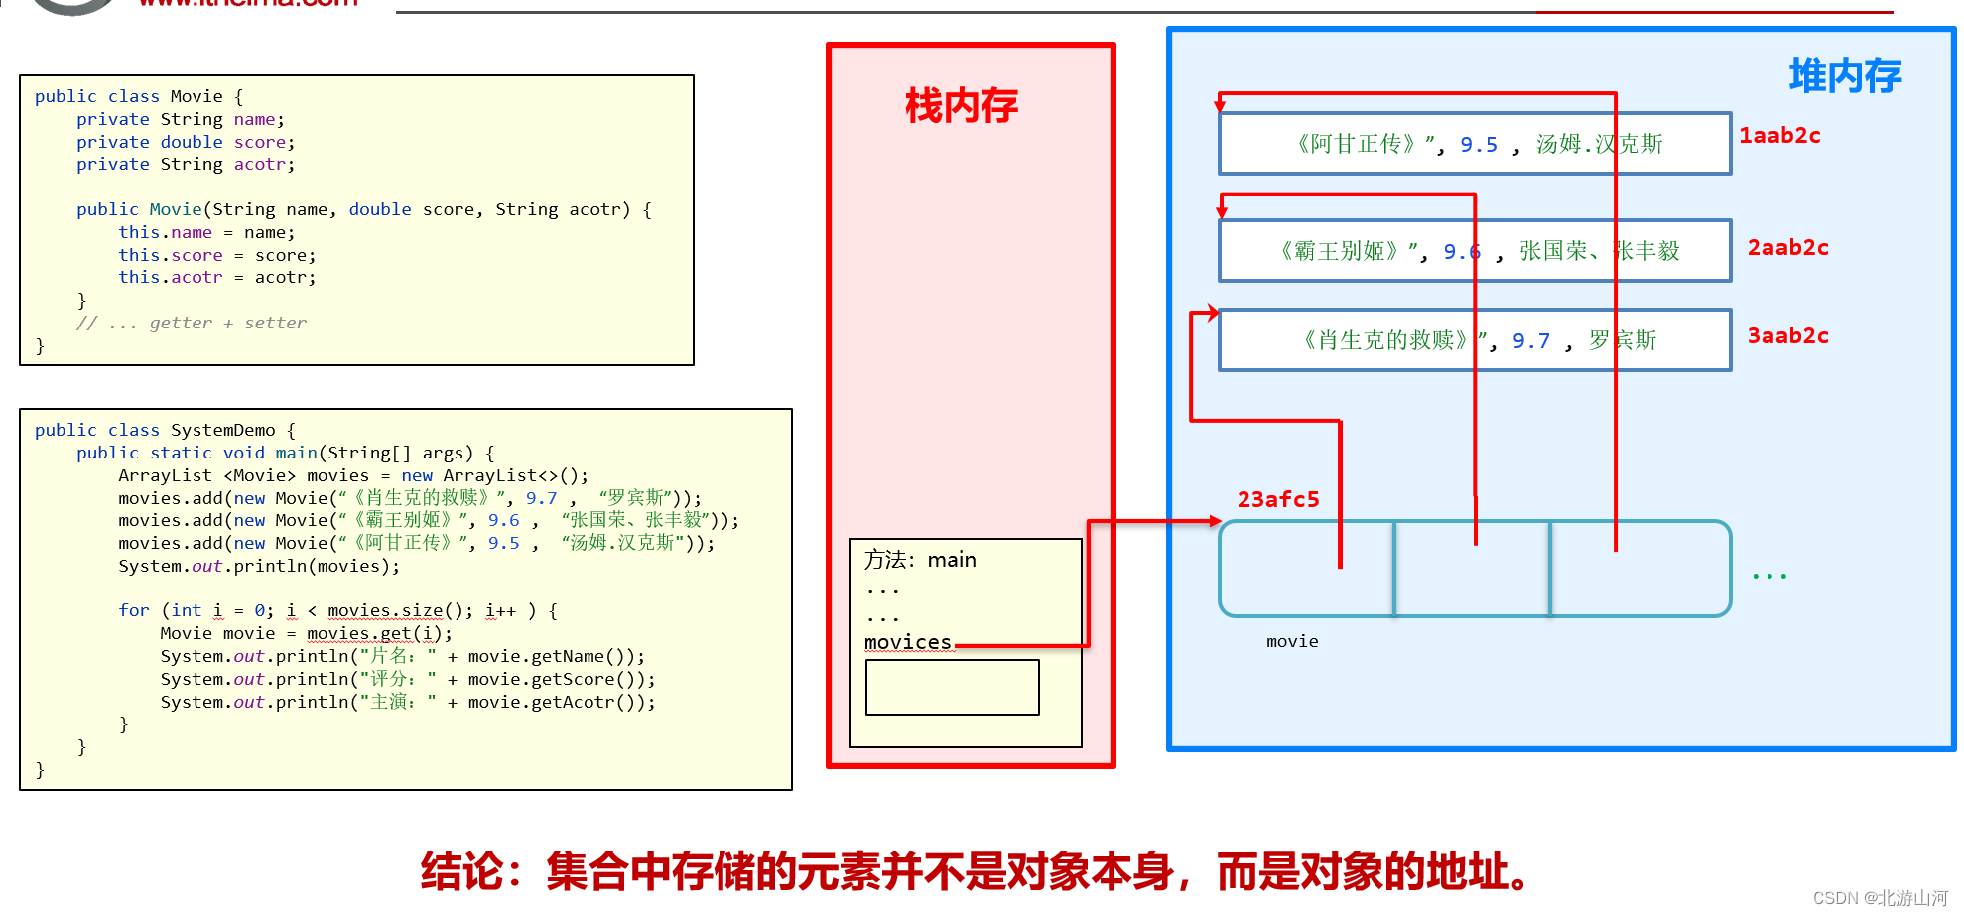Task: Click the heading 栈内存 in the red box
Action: click(961, 106)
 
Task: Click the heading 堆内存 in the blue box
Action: click(1844, 76)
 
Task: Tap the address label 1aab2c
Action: click(1779, 136)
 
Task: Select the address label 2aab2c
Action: click(1787, 248)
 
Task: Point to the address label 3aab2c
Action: click(1787, 336)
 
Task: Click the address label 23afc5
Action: click(1277, 500)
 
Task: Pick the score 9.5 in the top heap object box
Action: click(1478, 145)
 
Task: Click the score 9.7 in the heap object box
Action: click(1530, 341)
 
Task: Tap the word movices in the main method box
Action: click(907, 642)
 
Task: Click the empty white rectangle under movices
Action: click(952, 687)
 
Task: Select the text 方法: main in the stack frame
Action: click(919, 560)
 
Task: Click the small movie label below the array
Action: click(1292, 642)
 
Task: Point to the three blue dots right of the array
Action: click(1768, 576)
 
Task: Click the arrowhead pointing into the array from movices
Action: click(1215, 521)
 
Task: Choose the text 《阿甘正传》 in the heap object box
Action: click(1357, 145)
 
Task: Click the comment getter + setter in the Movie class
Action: click(227, 323)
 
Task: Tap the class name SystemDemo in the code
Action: click(222, 430)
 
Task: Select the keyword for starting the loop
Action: click(134, 610)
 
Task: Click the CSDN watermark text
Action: click(1880, 898)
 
